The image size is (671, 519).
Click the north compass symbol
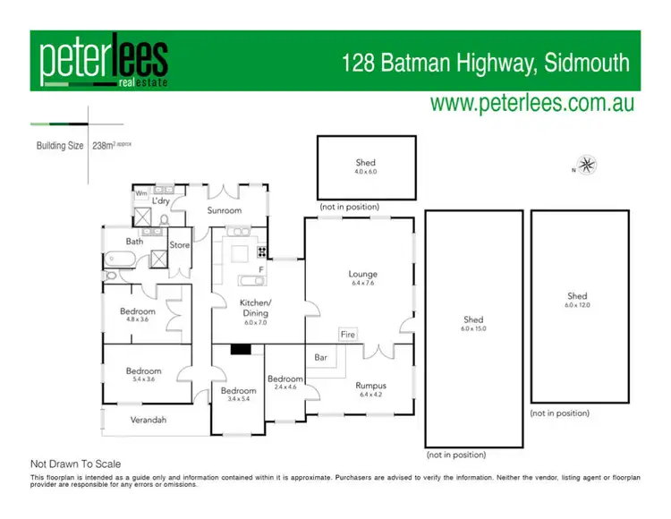click(x=587, y=165)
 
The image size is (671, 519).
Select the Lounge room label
click(x=363, y=274)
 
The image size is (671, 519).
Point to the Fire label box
click(x=348, y=334)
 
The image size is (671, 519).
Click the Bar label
click(x=319, y=358)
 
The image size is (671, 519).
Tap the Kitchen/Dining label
click(x=256, y=309)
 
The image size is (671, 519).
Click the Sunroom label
click(x=225, y=210)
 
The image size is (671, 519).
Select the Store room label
click(x=180, y=244)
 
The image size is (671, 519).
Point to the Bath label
click(x=134, y=242)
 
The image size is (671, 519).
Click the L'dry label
click(x=161, y=201)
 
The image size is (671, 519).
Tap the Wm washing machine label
click(x=141, y=192)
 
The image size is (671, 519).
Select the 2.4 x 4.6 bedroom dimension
click(x=285, y=387)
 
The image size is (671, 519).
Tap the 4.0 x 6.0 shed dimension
click(x=366, y=171)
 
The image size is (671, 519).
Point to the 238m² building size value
click(x=110, y=145)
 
